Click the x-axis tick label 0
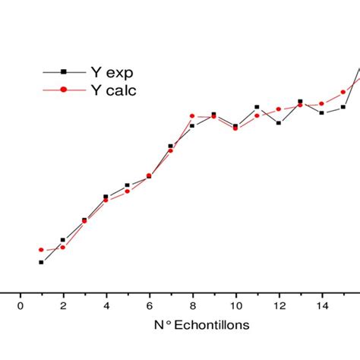tap(21, 307)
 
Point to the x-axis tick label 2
tap(63, 307)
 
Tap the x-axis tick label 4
tap(106, 307)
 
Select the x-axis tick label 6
tap(150, 307)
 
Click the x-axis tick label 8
tap(193, 307)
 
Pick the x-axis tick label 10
tap(235, 307)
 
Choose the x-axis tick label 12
tap(279, 307)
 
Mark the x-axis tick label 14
tap(322, 307)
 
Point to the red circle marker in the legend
tap(64, 90)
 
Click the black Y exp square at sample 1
tap(41, 262)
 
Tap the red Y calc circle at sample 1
tap(41, 249)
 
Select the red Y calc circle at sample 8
tap(193, 115)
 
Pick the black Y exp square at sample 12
tap(279, 122)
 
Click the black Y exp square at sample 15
tap(344, 107)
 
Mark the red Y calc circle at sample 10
tap(235, 128)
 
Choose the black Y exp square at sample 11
tap(257, 107)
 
